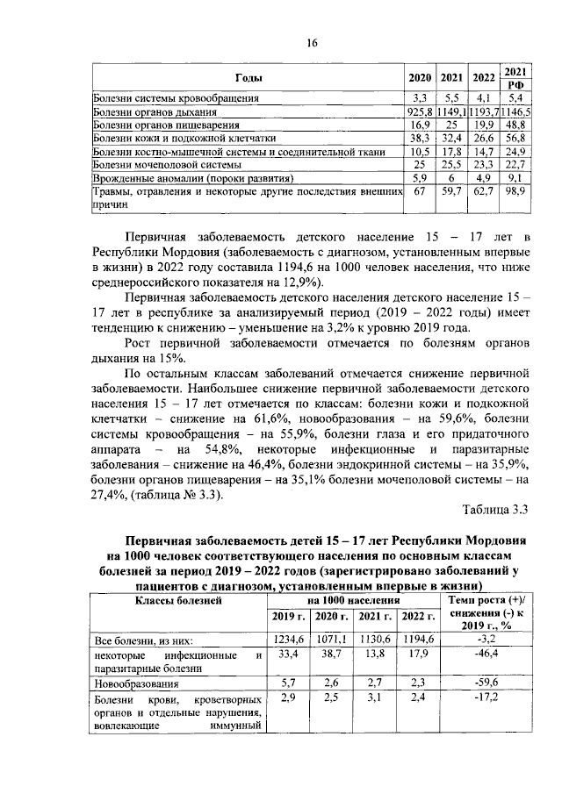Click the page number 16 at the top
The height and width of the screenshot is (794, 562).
point(312,44)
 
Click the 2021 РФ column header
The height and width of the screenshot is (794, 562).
point(517,76)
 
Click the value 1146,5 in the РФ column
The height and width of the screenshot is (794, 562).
point(517,111)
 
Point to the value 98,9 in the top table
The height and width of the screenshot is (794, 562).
point(517,190)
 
